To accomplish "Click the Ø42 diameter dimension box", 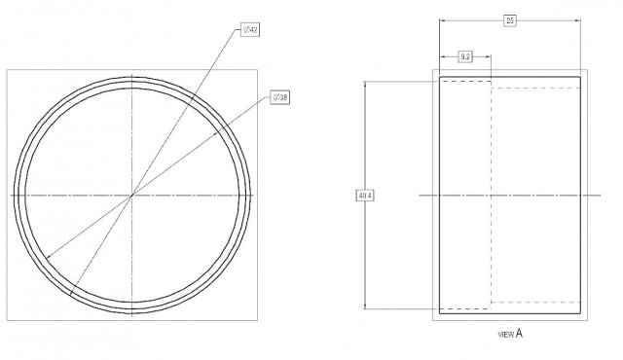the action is [x=250, y=30].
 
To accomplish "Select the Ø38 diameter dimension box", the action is [x=280, y=97].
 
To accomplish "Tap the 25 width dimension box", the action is [x=510, y=20].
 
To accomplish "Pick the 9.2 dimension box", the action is [x=465, y=57].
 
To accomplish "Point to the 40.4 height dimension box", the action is [x=365, y=196].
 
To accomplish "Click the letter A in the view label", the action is [x=519, y=334].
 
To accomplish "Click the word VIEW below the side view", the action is [x=506, y=335].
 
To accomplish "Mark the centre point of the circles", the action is [x=132, y=195].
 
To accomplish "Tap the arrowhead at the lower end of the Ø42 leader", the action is [x=71, y=293].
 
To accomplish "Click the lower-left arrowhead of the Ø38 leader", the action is [x=49, y=257].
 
